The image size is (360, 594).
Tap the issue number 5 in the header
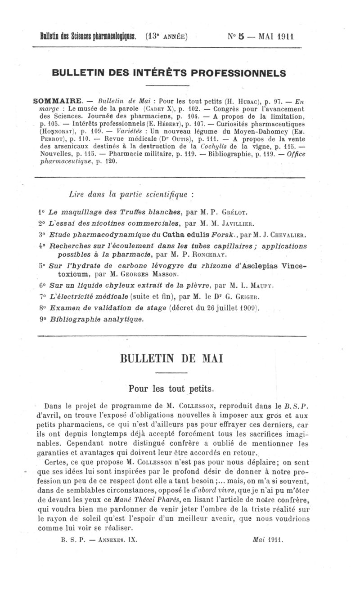[241, 36]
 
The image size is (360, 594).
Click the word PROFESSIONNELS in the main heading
[239, 72]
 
